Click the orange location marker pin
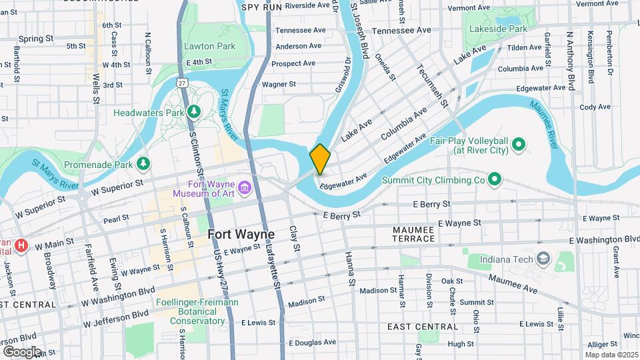point(320,159)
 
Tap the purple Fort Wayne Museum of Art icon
point(245,187)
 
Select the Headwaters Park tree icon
point(194,111)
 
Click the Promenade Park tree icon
point(142,163)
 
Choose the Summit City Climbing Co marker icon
point(494,179)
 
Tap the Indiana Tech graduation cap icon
point(544,258)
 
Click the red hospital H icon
point(22,246)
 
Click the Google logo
point(21,351)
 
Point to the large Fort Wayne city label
point(241,234)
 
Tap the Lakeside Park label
point(504,29)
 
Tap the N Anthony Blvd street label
point(570,60)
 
